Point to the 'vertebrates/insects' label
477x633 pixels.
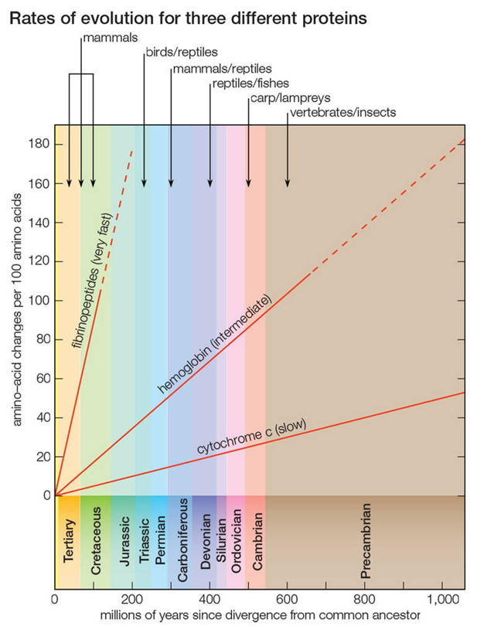342,113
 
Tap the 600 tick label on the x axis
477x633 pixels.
287,598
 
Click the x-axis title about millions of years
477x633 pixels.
259,615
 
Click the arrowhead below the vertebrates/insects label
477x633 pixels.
288,183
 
